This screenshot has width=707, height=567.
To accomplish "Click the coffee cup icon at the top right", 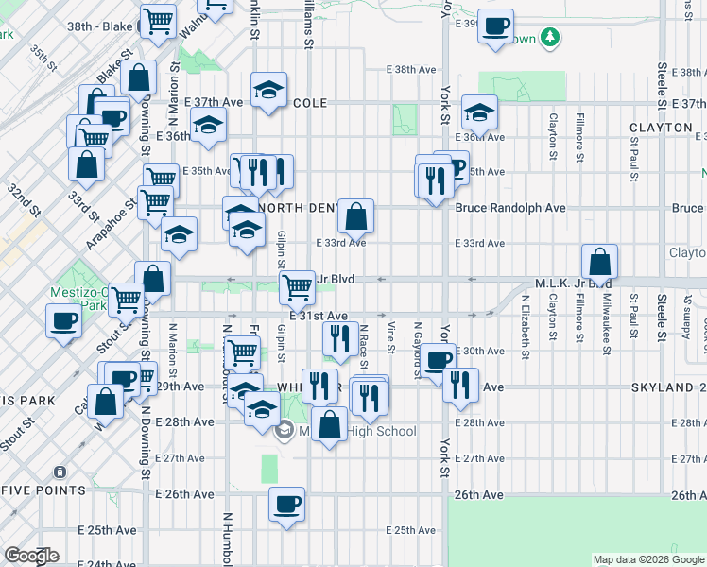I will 495,26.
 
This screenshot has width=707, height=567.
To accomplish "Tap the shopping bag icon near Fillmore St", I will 599,262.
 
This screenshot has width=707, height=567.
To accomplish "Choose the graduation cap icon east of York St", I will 479,113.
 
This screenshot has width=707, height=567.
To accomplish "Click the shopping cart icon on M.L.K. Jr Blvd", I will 297,285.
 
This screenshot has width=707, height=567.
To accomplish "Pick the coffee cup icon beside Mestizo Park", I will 63,319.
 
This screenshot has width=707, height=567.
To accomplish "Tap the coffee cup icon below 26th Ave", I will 286,504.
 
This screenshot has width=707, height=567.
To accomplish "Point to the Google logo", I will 32,556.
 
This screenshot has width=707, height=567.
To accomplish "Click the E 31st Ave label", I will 326,316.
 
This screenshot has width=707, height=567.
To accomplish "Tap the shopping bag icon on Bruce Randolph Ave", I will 355,216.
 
